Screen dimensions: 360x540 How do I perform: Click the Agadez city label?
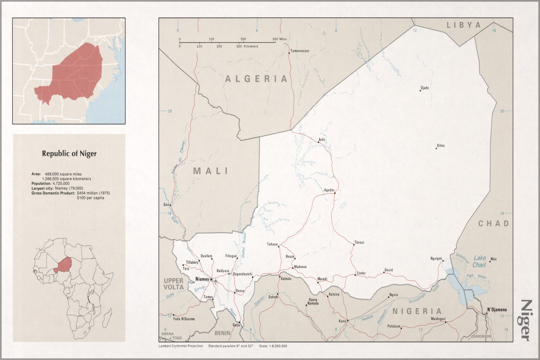point(329,190)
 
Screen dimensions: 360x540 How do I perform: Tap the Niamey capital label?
point(202,279)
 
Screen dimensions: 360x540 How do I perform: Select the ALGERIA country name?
point(256,79)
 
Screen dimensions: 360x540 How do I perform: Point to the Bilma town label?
point(441,146)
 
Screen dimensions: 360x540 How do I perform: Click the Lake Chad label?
point(479,261)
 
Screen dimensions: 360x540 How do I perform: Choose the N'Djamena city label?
point(497,310)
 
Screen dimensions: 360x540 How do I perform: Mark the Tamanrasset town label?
point(300,51)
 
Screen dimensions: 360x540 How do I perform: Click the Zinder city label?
point(361,273)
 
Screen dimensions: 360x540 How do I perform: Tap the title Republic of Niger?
point(69,154)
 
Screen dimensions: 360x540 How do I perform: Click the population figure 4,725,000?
point(61,184)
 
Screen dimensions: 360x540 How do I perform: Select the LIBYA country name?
point(464,25)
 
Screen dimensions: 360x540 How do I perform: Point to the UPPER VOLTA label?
point(174,284)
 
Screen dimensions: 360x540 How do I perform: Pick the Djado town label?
point(425,88)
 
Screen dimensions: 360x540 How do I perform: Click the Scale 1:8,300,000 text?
point(273,346)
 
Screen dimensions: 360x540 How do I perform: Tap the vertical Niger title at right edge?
point(526,320)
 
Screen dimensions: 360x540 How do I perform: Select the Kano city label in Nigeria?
point(342,321)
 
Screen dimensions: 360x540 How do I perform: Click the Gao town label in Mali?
point(166,204)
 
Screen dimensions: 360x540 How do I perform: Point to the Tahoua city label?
point(272,244)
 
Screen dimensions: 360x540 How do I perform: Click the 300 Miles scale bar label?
point(280,39)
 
